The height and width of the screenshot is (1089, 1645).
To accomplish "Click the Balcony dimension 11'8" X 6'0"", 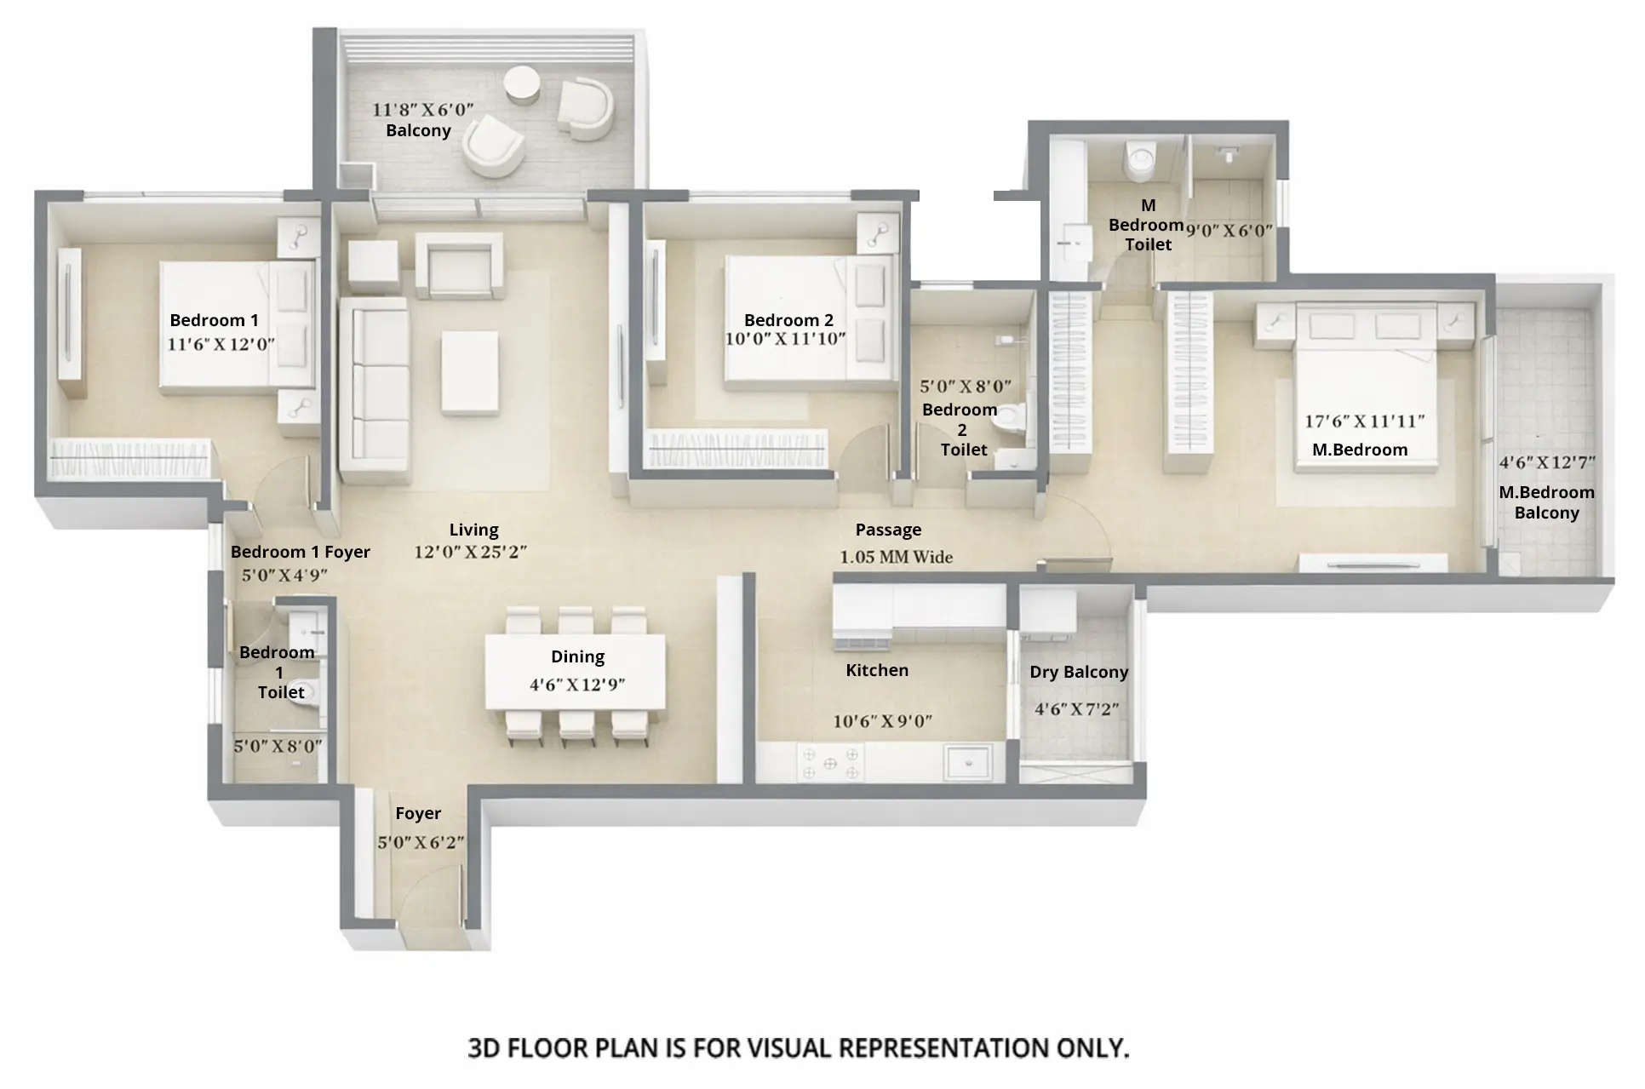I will click(x=422, y=110).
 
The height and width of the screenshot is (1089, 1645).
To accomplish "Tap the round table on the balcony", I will click(x=521, y=85).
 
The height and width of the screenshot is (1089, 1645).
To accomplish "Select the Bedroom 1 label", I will click(x=214, y=320).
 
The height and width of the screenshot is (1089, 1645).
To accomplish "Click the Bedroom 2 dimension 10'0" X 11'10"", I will click(x=785, y=339).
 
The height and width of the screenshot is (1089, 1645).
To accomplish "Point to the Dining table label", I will click(x=577, y=656).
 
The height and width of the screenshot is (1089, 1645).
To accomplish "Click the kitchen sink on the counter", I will click(x=968, y=762).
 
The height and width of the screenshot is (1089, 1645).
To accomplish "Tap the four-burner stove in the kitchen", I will click(x=829, y=763).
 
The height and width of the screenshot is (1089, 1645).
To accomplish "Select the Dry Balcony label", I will click(x=1078, y=672).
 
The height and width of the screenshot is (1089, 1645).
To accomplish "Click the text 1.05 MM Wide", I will click(x=896, y=557).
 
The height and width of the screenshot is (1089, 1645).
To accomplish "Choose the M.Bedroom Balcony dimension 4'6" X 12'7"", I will click(x=1546, y=462).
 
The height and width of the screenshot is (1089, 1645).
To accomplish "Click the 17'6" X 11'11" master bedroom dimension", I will click(x=1364, y=421).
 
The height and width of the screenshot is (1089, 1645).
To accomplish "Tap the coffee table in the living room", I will click(x=470, y=373).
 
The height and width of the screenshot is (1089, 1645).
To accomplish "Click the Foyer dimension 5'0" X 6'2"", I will click(x=421, y=842).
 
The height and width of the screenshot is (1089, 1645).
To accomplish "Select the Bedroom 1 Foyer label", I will click(x=301, y=552).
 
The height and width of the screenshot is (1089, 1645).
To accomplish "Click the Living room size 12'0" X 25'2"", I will click(x=470, y=552).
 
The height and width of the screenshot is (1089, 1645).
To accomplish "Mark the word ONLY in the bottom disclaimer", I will click(x=1092, y=1048).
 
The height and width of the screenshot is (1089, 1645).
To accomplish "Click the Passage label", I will click(x=888, y=530).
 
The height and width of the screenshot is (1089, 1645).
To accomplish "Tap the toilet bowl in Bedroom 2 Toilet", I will click(x=1010, y=420).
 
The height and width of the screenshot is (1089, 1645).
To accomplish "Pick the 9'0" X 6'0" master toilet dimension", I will click(x=1229, y=231).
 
